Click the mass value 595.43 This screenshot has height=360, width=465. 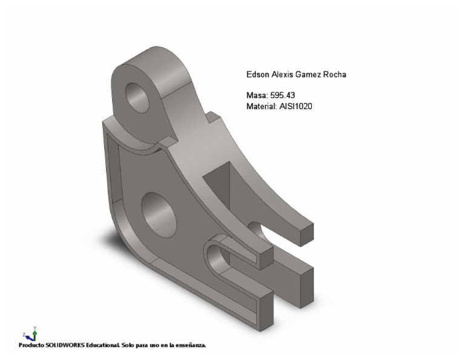283,95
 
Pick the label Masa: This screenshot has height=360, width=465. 257,95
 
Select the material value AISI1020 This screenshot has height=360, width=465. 295,106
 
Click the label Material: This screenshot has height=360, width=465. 262,106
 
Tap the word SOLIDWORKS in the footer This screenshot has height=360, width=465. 65,345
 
